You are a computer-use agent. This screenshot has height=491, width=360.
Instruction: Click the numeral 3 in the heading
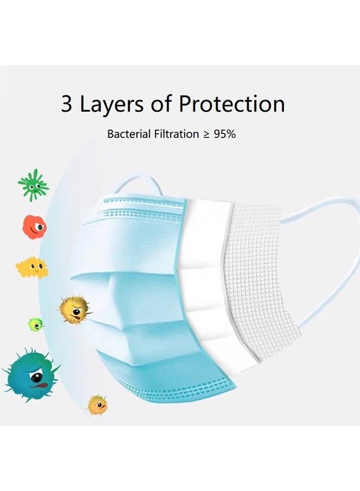(67, 104)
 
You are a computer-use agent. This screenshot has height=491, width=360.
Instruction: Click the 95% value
(225, 134)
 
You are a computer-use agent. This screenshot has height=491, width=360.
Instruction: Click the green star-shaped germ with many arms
(33, 185)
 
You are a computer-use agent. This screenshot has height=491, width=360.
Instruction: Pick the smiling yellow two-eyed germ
(32, 267)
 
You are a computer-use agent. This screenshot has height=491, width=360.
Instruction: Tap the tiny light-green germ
(36, 325)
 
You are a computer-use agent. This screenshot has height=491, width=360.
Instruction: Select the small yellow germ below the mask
(97, 405)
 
